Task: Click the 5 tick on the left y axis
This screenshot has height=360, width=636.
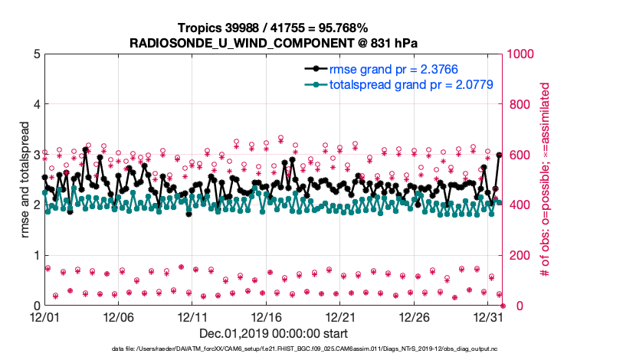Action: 35,54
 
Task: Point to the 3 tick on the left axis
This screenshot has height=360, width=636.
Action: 35,155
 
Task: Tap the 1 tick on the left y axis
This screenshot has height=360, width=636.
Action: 35,256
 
